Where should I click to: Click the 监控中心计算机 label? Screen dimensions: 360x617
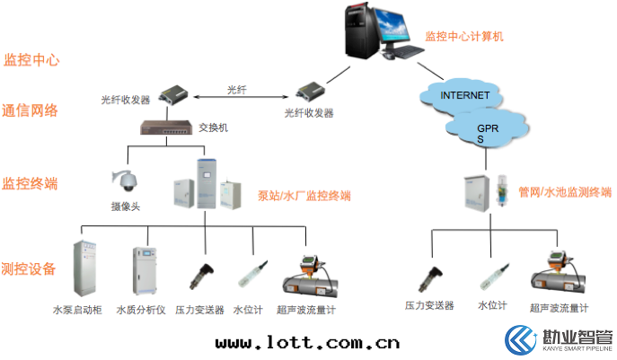(x=463, y=38)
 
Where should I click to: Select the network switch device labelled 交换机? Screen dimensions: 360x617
(x=167, y=128)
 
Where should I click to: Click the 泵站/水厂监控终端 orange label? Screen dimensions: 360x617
(x=304, y=196)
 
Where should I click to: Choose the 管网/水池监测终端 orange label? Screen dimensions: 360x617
(x=565, y=192)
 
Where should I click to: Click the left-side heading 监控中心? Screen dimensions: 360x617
(x=32, y=60)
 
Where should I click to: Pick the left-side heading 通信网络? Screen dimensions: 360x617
(x=31, y=111)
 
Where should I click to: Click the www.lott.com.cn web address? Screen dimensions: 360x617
(x=307, y=342)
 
